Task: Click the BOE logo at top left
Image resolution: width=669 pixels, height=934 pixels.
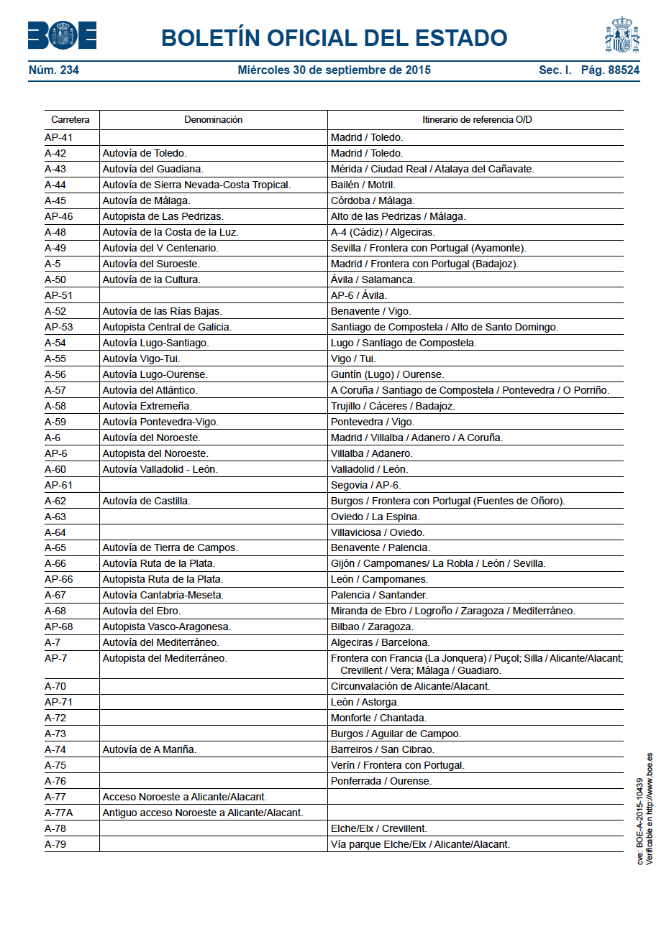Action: [x=62, y=35]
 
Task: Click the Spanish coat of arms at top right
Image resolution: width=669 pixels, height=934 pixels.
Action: [x=622, y=34]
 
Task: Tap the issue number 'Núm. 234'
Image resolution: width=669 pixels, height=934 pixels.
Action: [x=54, y=70]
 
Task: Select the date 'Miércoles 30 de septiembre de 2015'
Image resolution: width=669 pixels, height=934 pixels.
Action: [x=334, y=70]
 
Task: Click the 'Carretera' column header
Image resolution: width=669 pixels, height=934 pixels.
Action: [x=70, y=120]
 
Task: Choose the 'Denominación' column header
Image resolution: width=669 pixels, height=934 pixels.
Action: [x=213, y=120]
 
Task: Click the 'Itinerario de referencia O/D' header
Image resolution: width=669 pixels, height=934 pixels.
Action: [x=477, y=120]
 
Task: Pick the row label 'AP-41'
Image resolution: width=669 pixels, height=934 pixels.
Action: [x=59, y=137]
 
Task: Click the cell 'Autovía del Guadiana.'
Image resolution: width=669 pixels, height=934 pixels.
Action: [x=153, y=169]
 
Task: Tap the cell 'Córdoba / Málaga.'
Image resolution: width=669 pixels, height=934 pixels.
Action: [x=373, y=200]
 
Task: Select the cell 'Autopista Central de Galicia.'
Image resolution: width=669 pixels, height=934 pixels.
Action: [x=167, y=327]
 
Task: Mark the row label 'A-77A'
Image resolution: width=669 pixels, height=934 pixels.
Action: [x=59, y=813]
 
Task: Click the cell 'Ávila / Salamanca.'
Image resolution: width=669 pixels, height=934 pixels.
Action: [x=373, y=279]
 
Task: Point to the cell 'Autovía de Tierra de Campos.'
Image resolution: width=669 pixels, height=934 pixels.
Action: [x=170, y=547]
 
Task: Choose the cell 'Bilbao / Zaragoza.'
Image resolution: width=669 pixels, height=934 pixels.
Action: [x=372, y=626]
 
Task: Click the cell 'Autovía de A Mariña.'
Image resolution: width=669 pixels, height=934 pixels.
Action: [x=149, y=749]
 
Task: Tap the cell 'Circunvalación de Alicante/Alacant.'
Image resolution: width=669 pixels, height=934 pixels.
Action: [x=410, y=686]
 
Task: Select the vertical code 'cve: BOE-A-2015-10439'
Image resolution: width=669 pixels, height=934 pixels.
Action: [x=640, y=822]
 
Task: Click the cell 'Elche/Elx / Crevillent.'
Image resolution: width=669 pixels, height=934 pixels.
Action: [x=379, y=828]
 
